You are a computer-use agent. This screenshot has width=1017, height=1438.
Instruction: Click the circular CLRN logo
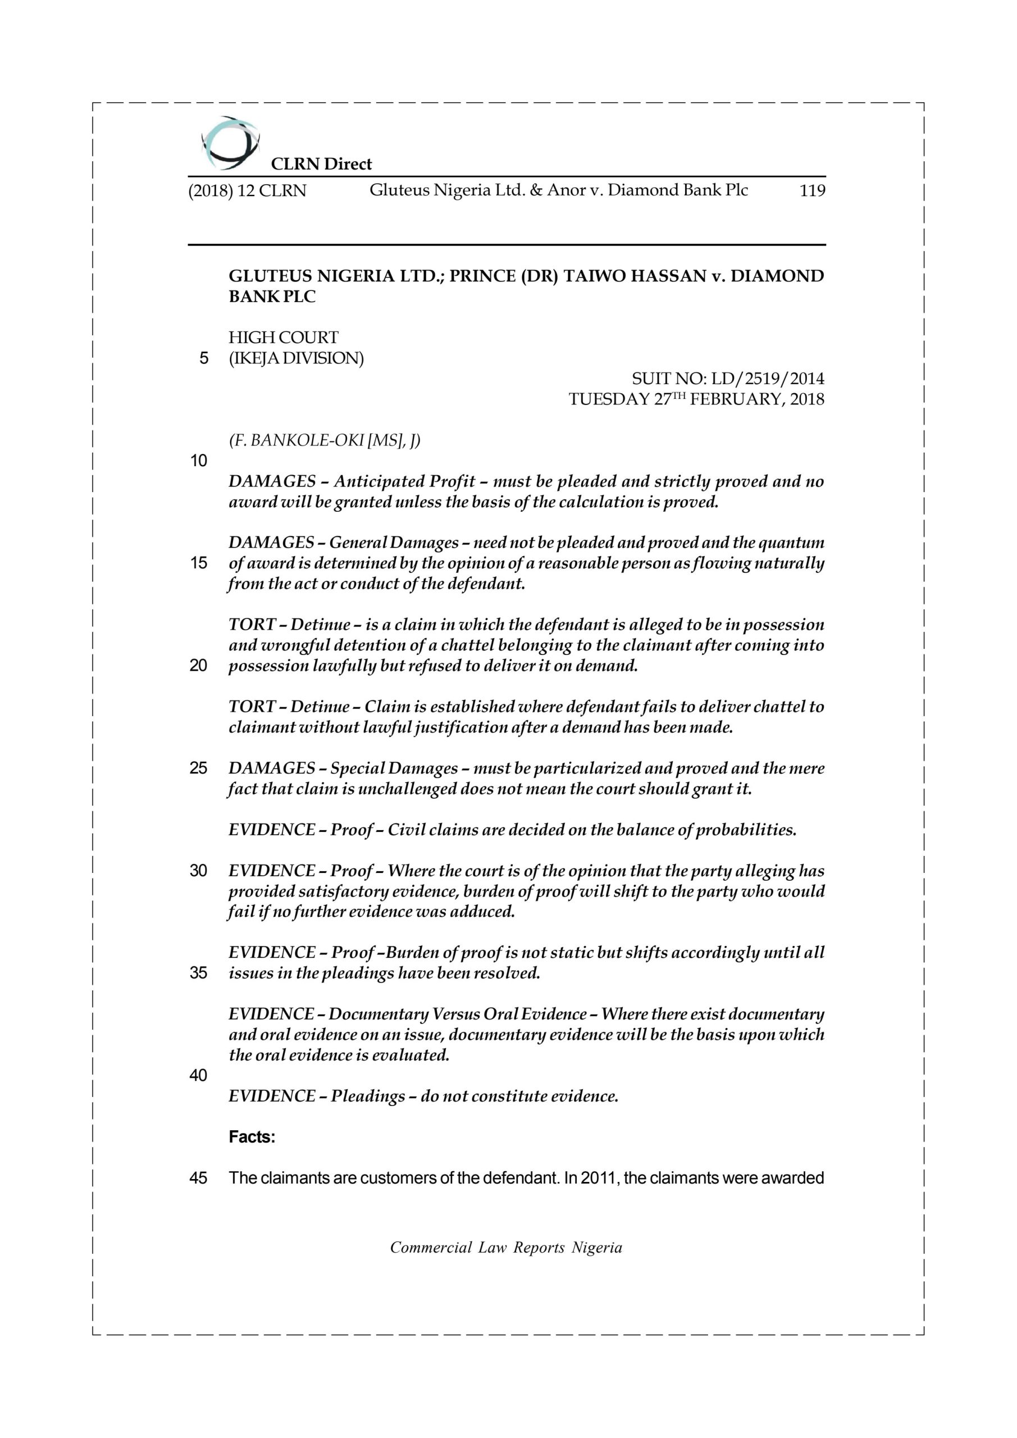tap(230, 143)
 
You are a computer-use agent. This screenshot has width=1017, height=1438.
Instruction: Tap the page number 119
tap(812, 191)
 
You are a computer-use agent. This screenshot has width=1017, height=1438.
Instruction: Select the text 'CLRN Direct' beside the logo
tap(321, 164)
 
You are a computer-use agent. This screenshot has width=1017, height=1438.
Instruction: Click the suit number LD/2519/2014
tap(768, 379)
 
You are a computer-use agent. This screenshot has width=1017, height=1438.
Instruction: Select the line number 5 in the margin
tap(203, 359)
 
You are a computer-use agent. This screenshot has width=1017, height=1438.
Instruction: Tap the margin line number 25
tap(199, 768)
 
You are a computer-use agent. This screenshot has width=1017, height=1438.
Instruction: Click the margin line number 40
tap(199, 1075)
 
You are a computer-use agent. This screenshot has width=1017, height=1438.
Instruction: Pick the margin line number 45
tap(199, 1178)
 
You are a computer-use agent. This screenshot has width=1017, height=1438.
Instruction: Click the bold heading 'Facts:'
tap(252, 1137)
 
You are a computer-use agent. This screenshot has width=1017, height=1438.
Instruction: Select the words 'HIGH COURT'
tap(283, 338)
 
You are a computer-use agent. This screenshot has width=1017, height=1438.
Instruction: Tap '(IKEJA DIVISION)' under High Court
tap(295, 359)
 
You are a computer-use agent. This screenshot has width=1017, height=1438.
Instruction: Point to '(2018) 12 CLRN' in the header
tap(247, 191)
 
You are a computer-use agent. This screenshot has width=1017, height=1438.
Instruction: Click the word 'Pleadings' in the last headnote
tap(368, 1096)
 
